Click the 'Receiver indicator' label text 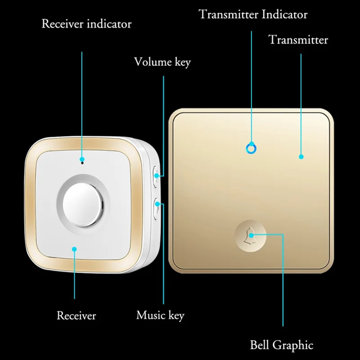(86, 24)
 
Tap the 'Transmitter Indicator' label (253, 14)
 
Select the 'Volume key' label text (162, 62)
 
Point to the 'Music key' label (160, 315)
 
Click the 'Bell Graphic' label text (282, 345)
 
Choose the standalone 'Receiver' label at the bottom (76, 315)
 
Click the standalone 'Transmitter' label (298, 40)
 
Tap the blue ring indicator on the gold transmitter (251, 149)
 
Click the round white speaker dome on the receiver (82, 205)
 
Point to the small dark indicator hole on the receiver (82, 163)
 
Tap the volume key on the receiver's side (155, 177)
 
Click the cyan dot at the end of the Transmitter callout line (301, 157)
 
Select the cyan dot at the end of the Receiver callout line (74, 249)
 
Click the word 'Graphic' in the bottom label (293, 345)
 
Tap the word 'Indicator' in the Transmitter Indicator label (284, 14)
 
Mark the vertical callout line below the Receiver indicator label (82, 104)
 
